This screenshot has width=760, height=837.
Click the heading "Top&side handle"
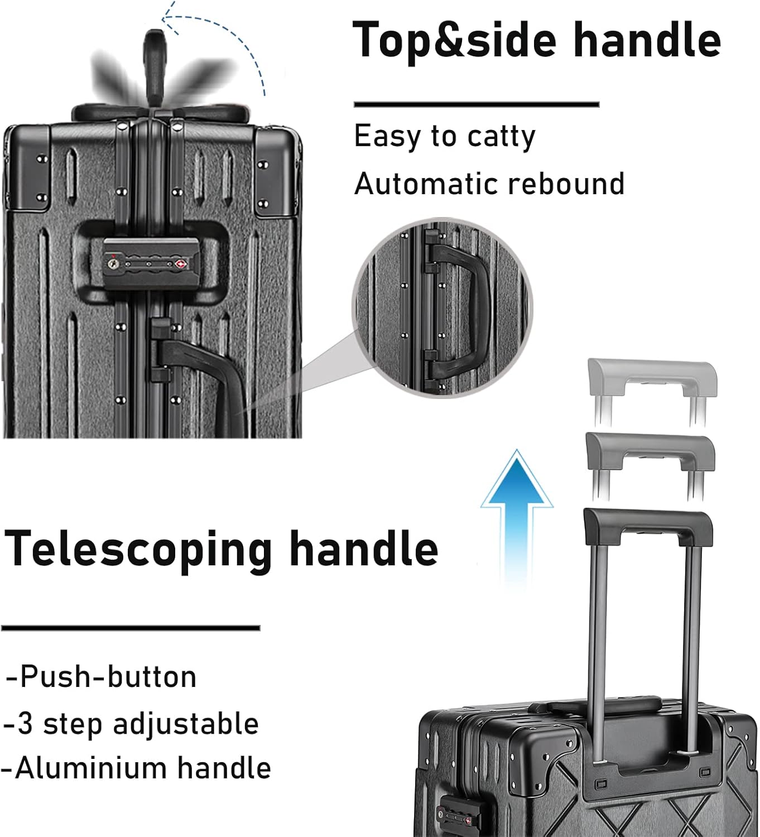[537, 40]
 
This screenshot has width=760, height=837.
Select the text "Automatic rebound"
[489, 184]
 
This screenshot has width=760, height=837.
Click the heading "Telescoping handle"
[221, 549]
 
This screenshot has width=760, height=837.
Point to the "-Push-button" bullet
[101, 677]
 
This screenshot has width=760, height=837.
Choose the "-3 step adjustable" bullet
[131, 724]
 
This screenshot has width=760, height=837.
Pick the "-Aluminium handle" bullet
[136, 768]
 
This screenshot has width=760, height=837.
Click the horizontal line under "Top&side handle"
[476, 104]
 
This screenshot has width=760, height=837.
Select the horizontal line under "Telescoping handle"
[131, 628]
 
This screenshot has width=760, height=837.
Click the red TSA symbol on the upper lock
[180, 262]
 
